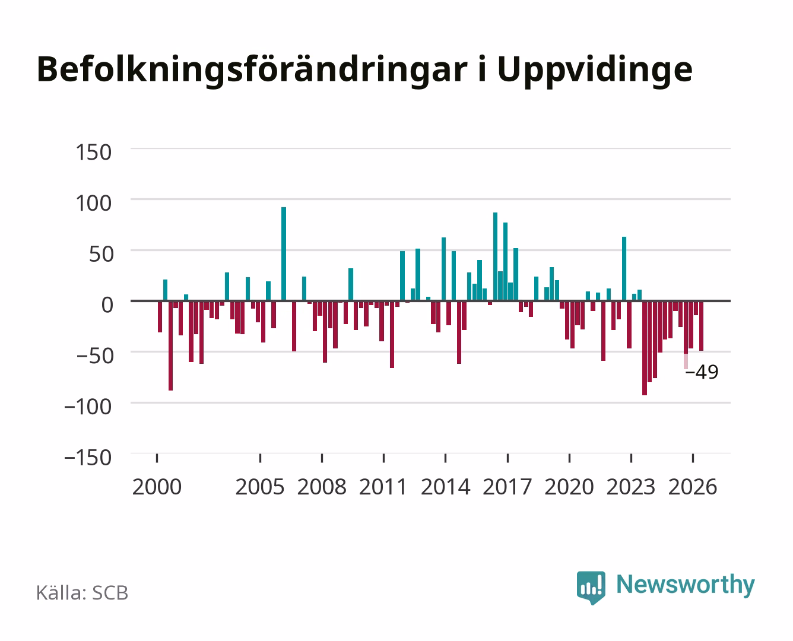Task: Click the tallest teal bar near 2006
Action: (x=284, y=254)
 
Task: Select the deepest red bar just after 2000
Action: (x=170, y=345)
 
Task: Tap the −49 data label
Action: (x=702, y=372)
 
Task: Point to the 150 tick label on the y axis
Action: (x=93, y=153)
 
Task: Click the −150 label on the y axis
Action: (x=88, y=458)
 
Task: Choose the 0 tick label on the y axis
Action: (x=107, y=305)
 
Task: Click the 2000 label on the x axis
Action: (x=157, y=487)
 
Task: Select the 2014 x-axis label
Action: (x=446, y=487)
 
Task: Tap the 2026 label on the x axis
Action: (x=693, y=487)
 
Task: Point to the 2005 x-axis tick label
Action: (x=260, y=487)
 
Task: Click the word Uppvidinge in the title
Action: (x=595, y=71)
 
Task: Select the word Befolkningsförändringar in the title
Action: (x=252, y=71)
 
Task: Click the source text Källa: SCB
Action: (x=83, y=592)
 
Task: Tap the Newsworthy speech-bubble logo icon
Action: (x=591, y=588)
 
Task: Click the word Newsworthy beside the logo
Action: (x=686, y=585)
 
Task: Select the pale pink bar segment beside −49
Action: (x=686, y=361)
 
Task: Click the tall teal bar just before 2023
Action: (x=624, y=269)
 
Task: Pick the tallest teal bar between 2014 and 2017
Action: (x=495, y=256)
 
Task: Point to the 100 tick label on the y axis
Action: (x=93, y=203)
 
